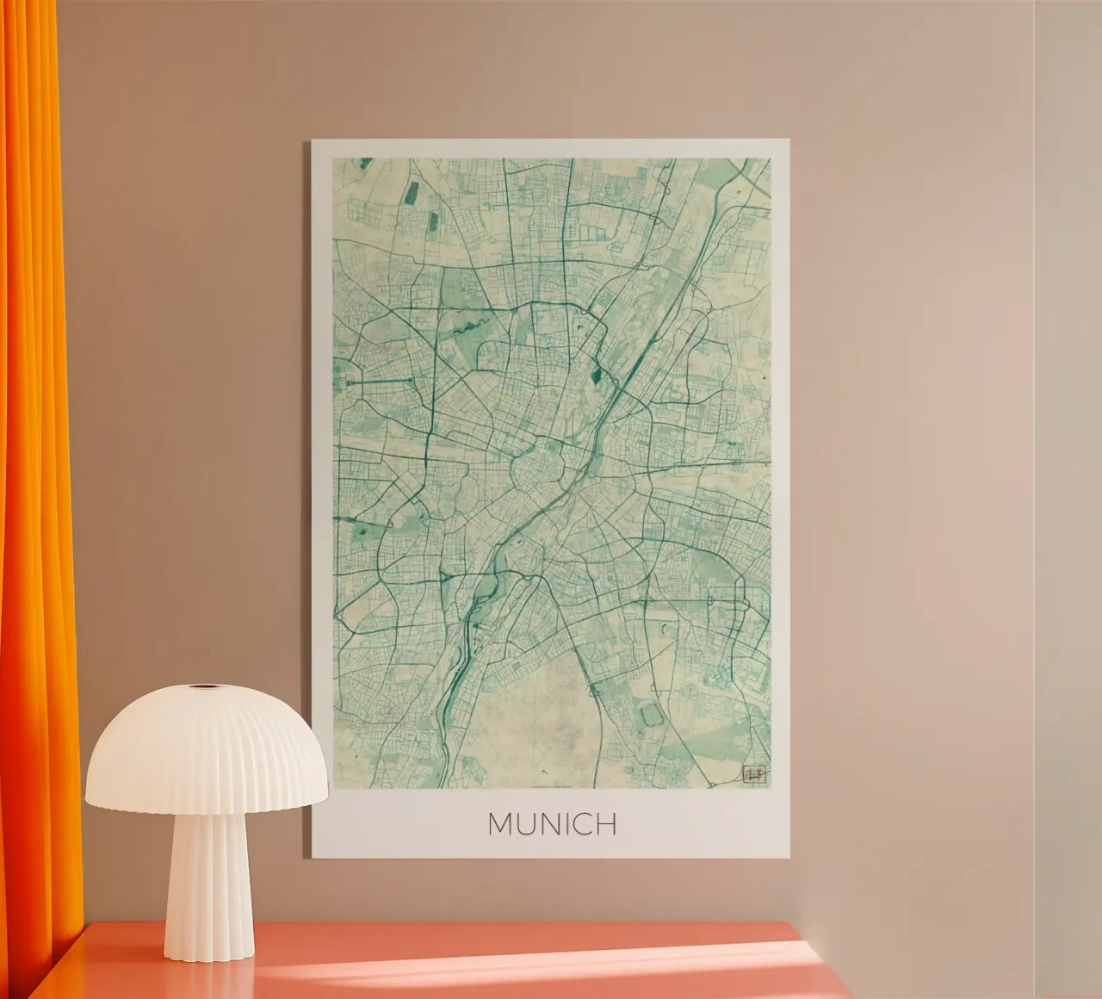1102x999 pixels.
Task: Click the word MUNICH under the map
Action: click(552, 824)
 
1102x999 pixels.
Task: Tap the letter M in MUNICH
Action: click(501, 824)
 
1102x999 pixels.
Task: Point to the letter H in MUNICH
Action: click(606, 824)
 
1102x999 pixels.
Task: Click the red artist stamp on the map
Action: click(752, 773)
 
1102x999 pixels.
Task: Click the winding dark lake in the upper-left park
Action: click(470, 326)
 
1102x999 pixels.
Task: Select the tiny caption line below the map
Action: click(551, 785)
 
